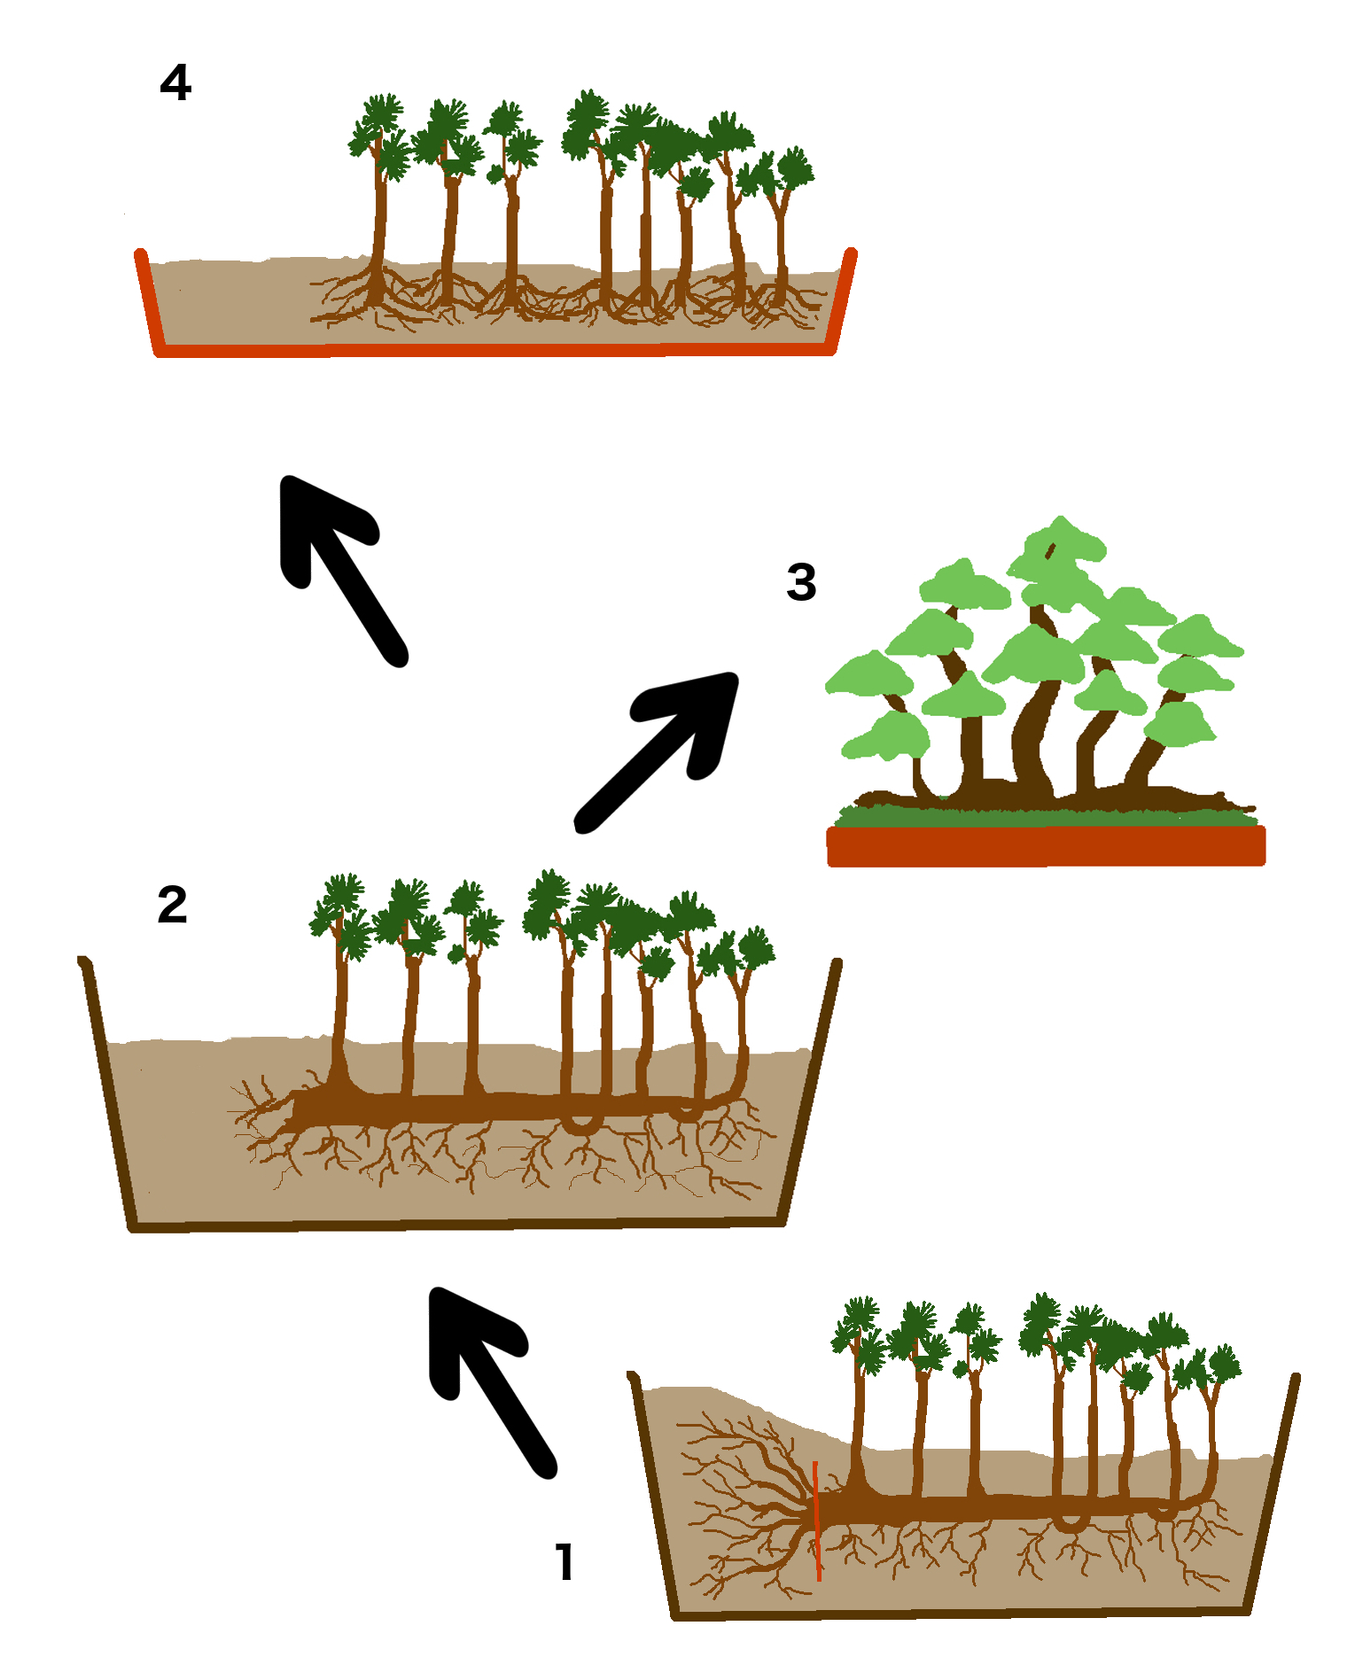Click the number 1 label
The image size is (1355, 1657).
click(x=565, y=1562)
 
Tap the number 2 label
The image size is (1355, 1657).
click(x=173, y=905)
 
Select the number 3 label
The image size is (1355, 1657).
click(x=801, y=582)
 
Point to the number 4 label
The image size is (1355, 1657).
click(x=175, y=82)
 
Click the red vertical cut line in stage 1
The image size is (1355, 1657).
click(x=817, y=1521)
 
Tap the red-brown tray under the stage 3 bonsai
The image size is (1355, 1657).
click(x=1046, y=845)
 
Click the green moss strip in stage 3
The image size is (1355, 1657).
click(x=1046, y=816)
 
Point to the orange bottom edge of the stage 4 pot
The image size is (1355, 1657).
click(x=494, y=351)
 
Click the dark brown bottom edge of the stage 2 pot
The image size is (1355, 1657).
click(x=457, y=1224)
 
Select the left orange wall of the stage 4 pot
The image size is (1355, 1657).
click(x=147, y=301)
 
